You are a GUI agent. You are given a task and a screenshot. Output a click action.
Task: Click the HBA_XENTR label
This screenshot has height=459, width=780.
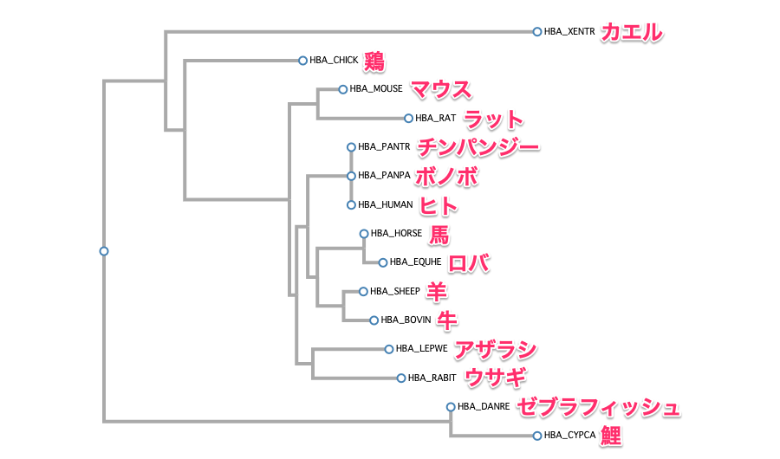[569, 32]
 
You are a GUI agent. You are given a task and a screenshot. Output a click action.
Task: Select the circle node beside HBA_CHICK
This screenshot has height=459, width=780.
[302, 61]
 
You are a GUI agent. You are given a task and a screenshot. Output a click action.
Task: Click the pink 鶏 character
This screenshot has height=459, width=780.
[374, 61]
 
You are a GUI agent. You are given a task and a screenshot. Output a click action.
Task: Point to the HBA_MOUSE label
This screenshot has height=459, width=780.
[376, 89]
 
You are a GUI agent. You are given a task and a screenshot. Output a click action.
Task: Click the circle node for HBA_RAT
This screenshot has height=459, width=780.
[408, 119]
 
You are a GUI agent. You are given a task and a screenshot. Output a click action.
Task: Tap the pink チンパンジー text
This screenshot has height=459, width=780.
[478, 147]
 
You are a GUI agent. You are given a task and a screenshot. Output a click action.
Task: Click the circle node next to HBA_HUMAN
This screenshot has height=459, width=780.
[351, 205]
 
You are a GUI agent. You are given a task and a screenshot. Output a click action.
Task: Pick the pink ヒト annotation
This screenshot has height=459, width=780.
[439, 205]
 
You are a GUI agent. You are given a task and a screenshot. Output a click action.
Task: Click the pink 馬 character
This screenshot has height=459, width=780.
[440, 234]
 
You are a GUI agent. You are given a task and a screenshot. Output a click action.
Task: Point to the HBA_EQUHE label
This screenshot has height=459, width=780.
[415, 262]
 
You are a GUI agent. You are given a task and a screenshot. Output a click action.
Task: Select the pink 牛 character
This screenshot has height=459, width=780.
[447, 320]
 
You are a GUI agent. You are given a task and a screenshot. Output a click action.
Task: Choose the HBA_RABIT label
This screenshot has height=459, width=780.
[431, 378]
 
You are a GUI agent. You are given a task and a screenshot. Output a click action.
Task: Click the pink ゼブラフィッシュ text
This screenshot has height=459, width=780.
[598, 407]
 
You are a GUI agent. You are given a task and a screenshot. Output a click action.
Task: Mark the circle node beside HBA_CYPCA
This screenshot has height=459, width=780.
[537, 436]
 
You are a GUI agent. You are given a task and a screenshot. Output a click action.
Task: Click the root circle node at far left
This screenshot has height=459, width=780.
[104, 251]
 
